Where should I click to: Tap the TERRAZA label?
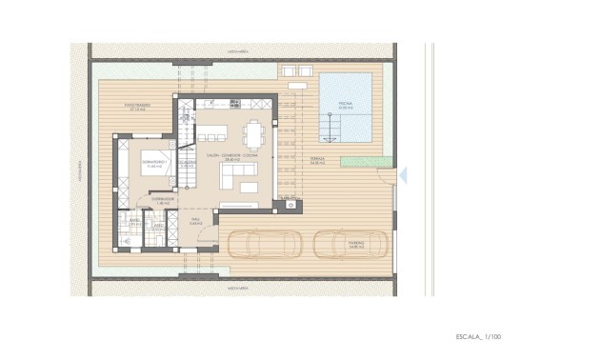click(x=317, y=161)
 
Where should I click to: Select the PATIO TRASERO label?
click(x=140, y=107)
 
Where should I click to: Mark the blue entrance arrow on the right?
click(x=403, y=175)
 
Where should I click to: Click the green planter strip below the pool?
click(x=366, y=162)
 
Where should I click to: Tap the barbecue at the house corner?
click(x=290, y=203)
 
